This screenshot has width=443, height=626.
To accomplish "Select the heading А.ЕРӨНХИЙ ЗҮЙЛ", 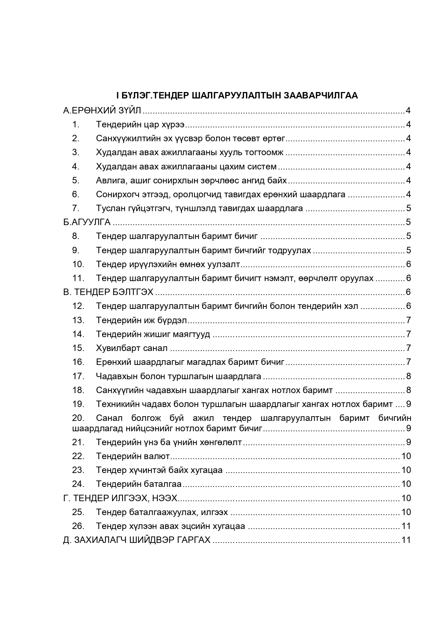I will [x=102, y=111].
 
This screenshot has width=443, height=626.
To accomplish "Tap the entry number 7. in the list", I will [x=76, y=208].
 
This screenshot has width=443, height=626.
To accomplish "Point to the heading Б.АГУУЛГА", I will [x=87, y=222].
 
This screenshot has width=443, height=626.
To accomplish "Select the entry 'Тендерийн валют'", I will [x=133, y=456].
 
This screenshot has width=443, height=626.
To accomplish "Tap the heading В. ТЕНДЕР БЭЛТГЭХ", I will [x=108, y=292].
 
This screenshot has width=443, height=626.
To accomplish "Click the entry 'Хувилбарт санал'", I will [x=132, y=348].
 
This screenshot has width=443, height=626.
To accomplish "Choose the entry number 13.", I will [x=78, y=320].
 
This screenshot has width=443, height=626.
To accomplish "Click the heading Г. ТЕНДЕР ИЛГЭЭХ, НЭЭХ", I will [x=120, y=498].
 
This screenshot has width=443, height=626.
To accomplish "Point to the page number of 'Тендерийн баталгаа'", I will [x=406, y=484].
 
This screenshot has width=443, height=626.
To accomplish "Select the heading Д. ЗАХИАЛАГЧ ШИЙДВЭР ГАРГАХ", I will [x=137, y=540].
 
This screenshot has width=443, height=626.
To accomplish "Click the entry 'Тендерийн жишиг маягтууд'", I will [x=153, y=334].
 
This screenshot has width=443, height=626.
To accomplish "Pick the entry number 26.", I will [x=78, y=526].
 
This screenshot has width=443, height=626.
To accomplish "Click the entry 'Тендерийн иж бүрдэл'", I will [x=141, y=320].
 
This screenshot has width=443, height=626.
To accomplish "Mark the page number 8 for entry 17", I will [x=408, y=376].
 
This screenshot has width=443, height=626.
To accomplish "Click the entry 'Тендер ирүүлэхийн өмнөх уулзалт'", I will [x=168, y=264].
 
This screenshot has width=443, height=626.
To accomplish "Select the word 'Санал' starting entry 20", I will [x=109, y=418].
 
